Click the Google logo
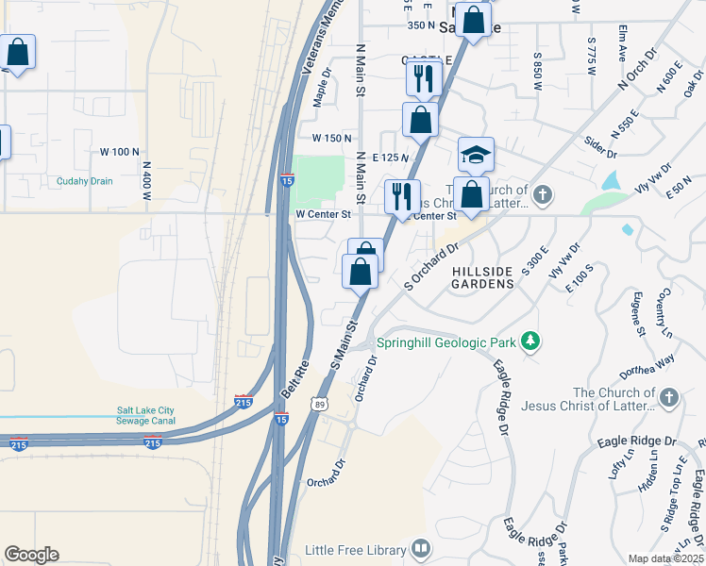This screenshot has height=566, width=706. click(31, 555)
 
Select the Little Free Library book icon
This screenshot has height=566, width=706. click(421, 548)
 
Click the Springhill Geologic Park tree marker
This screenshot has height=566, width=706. click(531, 341)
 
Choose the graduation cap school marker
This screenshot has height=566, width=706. click(477, 155)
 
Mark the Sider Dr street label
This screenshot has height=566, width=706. click(599, 147)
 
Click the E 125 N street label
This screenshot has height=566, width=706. click(390, 157)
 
